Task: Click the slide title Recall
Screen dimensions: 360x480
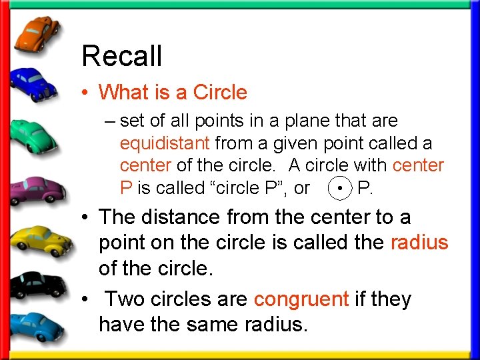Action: [x=121, y=57]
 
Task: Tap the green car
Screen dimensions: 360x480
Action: [x=37, y=136]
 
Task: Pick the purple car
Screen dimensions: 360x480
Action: [x=37, y=188]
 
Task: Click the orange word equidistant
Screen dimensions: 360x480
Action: [x=165, y=143]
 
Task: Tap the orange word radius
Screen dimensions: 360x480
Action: [x=419, y=243]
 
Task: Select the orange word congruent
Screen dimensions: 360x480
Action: [x=301, y=299]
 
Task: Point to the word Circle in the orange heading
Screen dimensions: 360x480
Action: [x=220, y=93]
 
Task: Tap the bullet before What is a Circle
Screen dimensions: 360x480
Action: [x=88, y=93]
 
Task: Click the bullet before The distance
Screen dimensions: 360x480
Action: [x=87, y=218]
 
